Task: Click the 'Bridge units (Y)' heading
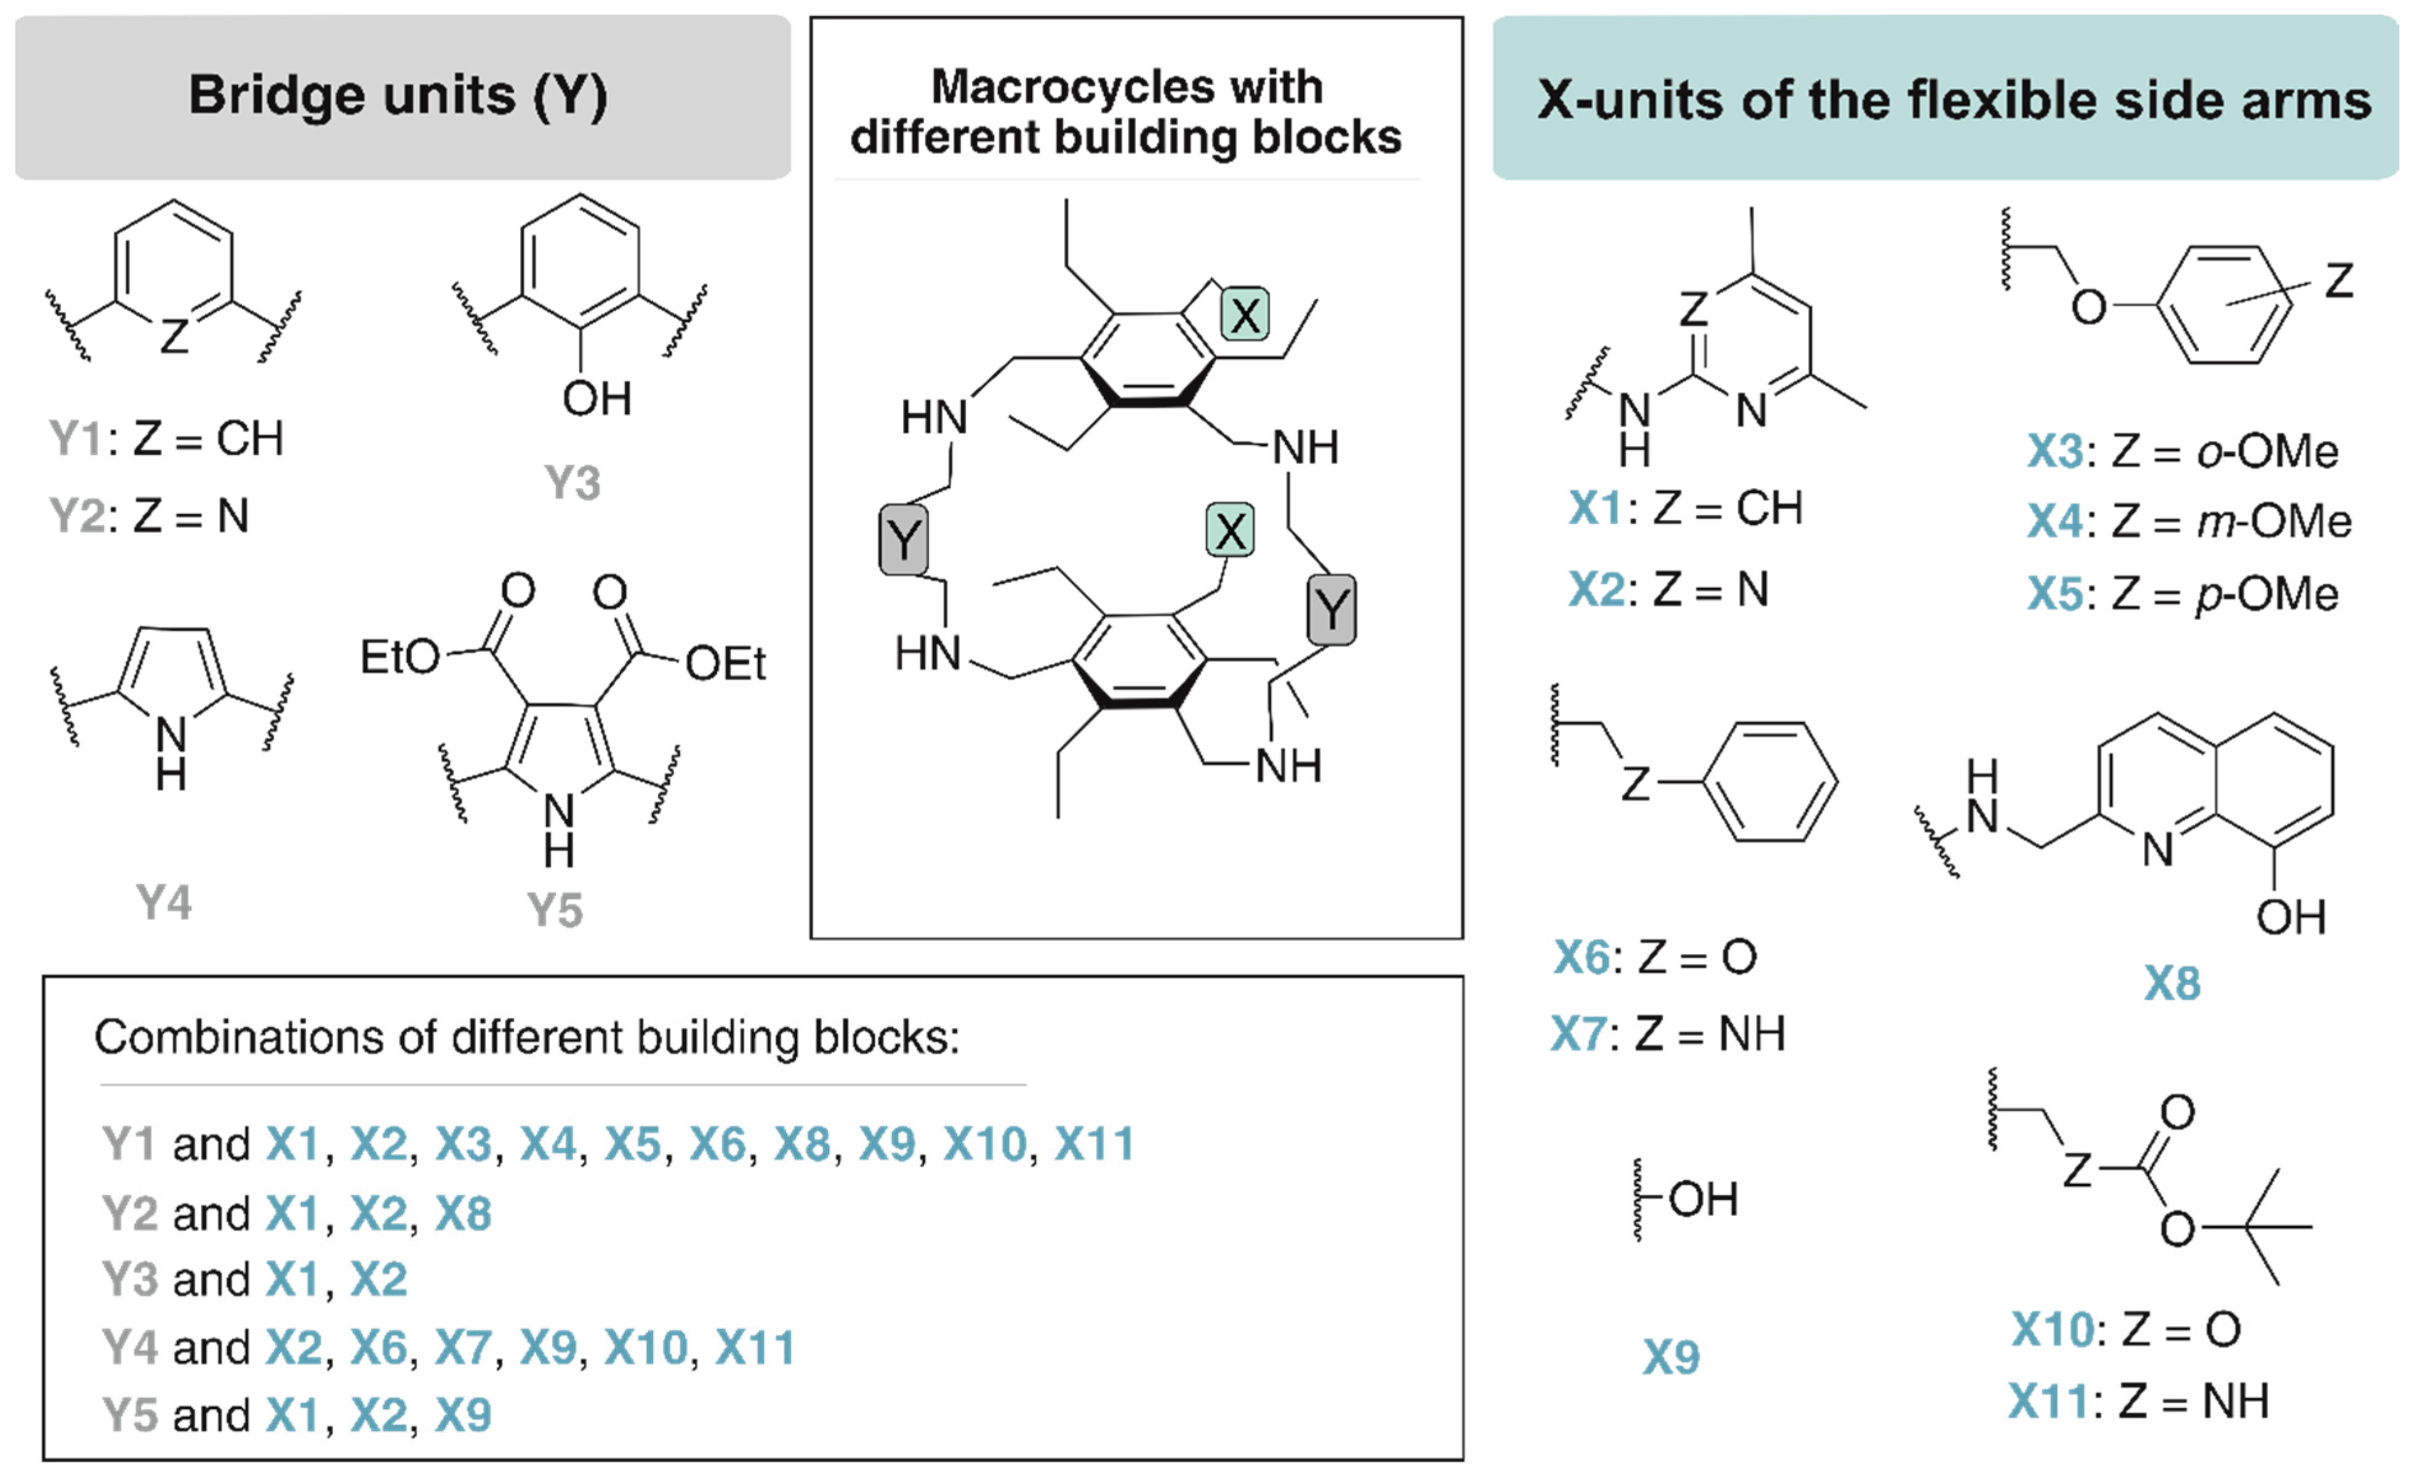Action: [x=398, y=96]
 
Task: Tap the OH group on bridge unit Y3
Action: [x=596, y=399]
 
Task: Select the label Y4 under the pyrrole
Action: [x=163, y=902]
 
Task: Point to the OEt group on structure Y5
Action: [x=725, y=664]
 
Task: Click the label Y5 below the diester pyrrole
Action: [x=555, y=910]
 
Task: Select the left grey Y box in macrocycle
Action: [x=903, y=539]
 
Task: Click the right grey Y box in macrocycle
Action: [x=1331, y=609]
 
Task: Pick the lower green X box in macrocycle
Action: [x=1229, y=531]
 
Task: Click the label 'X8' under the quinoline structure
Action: [x=2172, y=983]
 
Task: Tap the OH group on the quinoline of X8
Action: [x=2291, y=917]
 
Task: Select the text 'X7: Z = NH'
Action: [x=1668, y=1034]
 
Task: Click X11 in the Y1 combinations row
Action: [x=1093, y=1143]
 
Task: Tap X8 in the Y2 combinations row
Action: [x=463, y=1214]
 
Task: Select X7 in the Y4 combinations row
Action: [x=463, y=1348]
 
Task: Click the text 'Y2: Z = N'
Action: [x=149, y=515]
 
